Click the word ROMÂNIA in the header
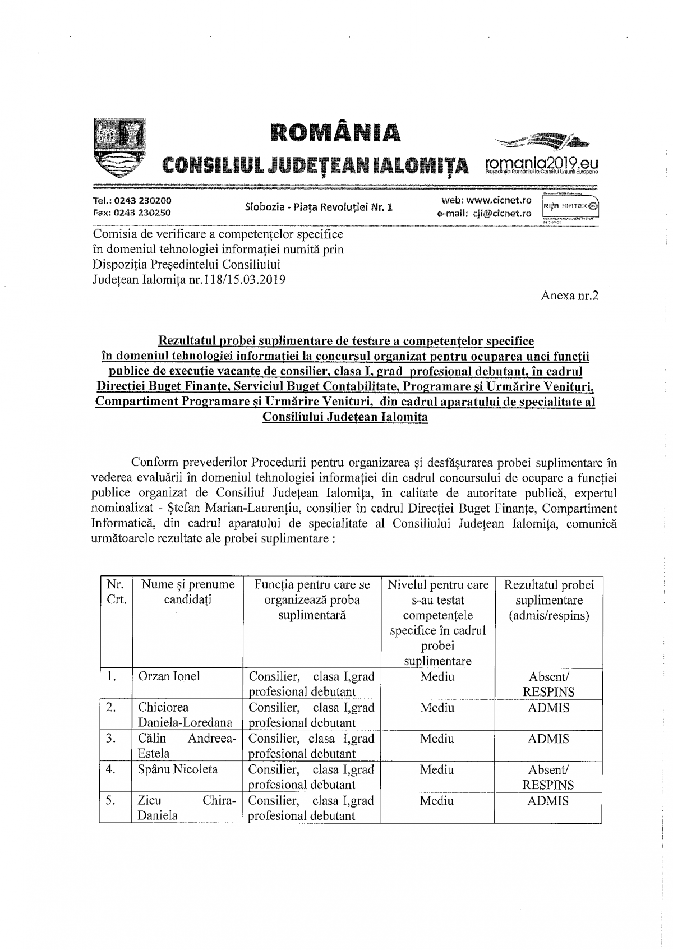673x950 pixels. click(335, 132)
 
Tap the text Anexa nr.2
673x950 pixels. click(570, 295)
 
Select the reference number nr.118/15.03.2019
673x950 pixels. click(234, 279)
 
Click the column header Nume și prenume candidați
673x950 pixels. click(188, 592)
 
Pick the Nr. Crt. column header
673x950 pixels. click(116, 592)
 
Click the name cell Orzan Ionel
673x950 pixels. click(169, 676)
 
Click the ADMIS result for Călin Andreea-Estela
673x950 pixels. click(548, 739)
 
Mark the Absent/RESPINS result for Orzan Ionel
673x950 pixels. click(548, 684)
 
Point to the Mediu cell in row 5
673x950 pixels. click(437, 801)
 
